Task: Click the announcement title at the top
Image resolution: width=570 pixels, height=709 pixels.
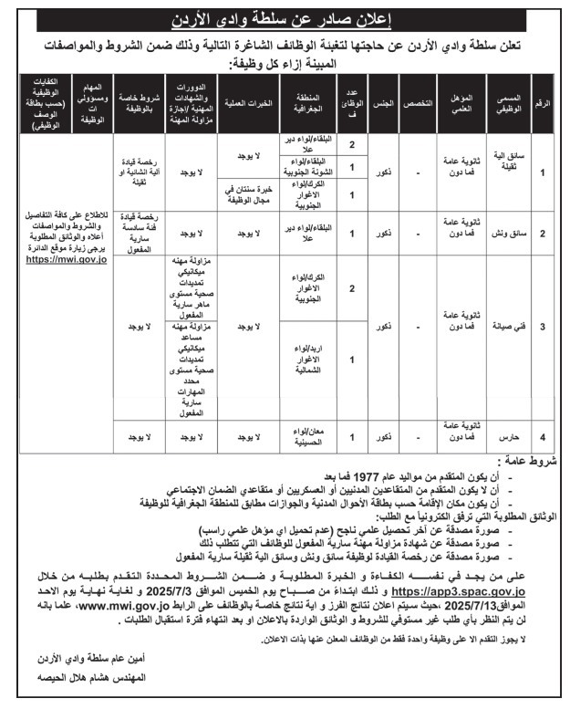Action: point(285,18)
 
